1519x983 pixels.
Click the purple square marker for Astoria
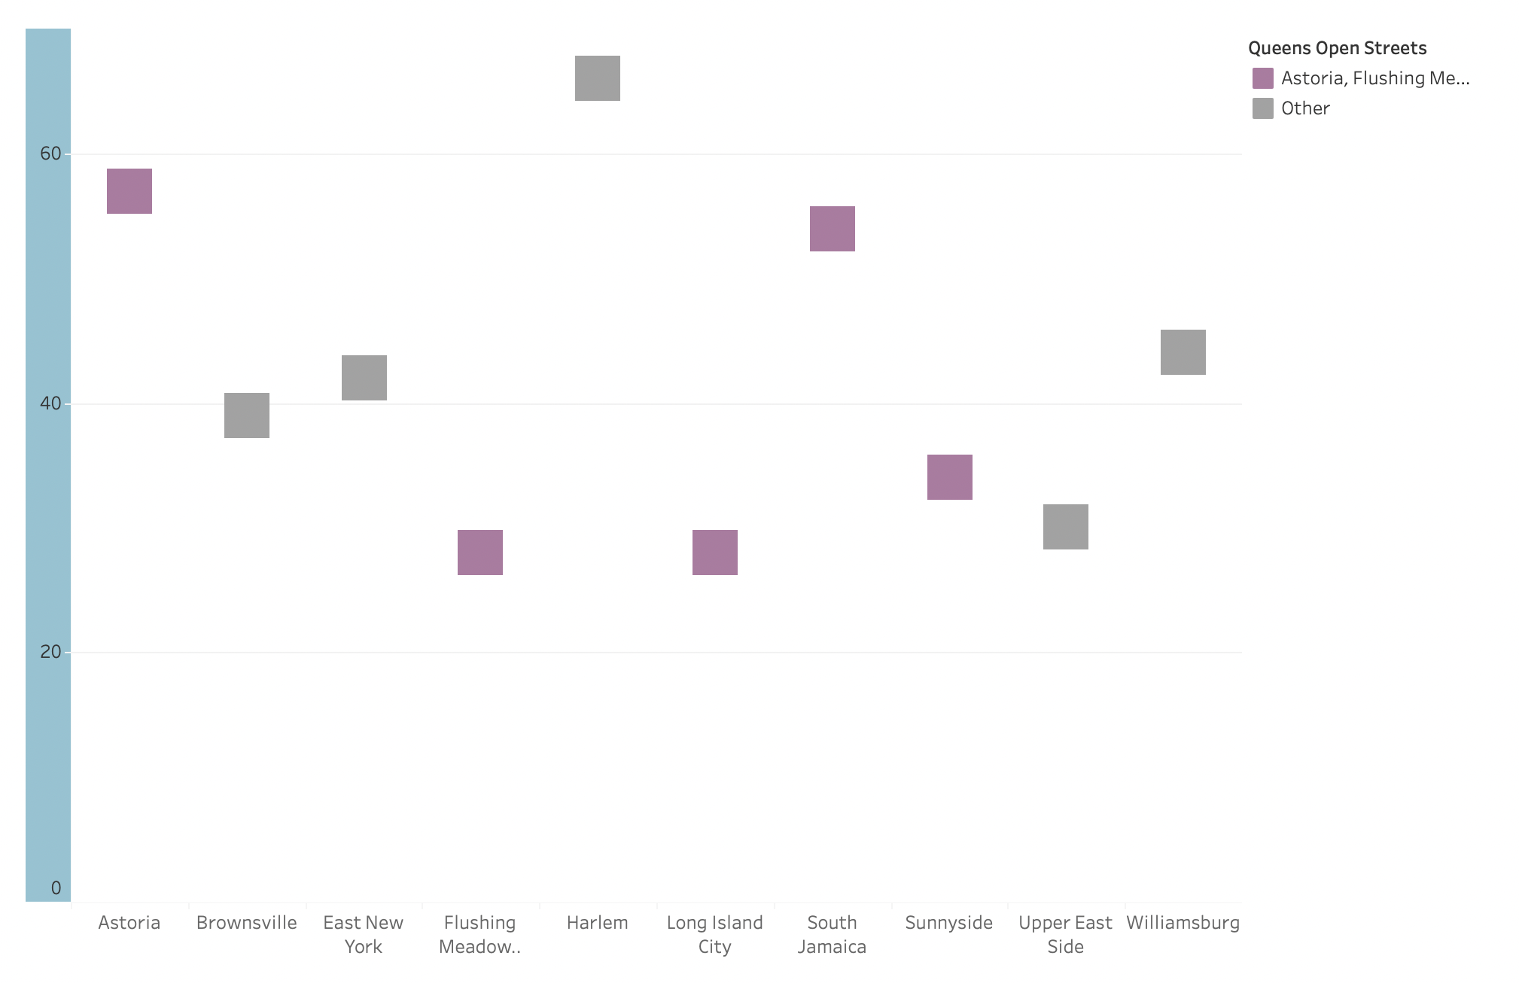pos(129,191)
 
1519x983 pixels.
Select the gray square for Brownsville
pos(247,415)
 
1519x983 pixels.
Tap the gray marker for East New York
pos(364,378)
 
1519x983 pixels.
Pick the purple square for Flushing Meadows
pos(480,552)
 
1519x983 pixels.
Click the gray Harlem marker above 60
pos(598,78)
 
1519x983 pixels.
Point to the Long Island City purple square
pos(715,552)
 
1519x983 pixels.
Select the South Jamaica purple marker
pos(833,229)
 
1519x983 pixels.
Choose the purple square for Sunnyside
pos(950,477)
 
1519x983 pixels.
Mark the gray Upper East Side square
pos(1066,527)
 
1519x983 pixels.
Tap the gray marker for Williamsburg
pos(1183,352)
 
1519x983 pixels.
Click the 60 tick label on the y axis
pos(50,154)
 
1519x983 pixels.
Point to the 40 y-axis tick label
pos(50,403)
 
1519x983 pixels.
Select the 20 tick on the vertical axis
pos(50,652)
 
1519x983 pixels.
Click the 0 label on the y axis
pos(56,888)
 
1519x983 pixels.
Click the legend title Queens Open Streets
pos(1337,48)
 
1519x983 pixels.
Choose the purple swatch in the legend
pos(1263,78)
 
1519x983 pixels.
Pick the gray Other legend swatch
pos(1263,108)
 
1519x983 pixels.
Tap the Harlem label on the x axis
pos(598,923)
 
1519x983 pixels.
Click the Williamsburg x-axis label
pos(1183,923)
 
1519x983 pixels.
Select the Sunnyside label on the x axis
pos(949,923)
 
